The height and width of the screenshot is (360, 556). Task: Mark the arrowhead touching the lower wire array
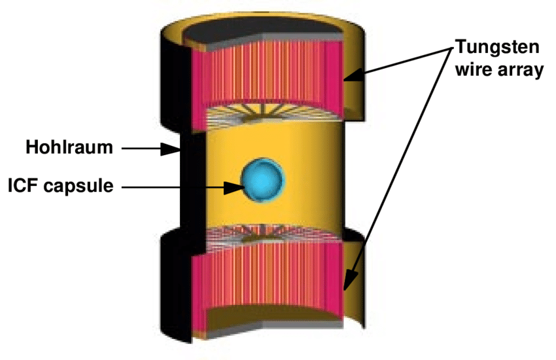point(348,283)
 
